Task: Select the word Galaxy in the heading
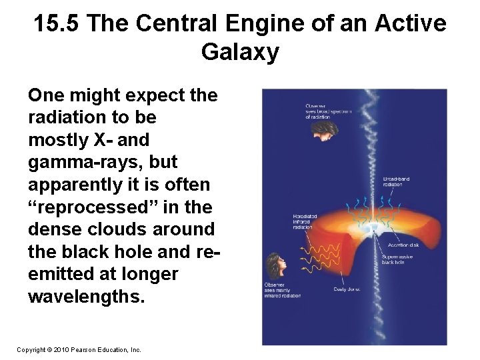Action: coord(240,52)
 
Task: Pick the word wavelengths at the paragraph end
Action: coord(85,296)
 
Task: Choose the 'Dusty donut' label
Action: coord(347,289)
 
